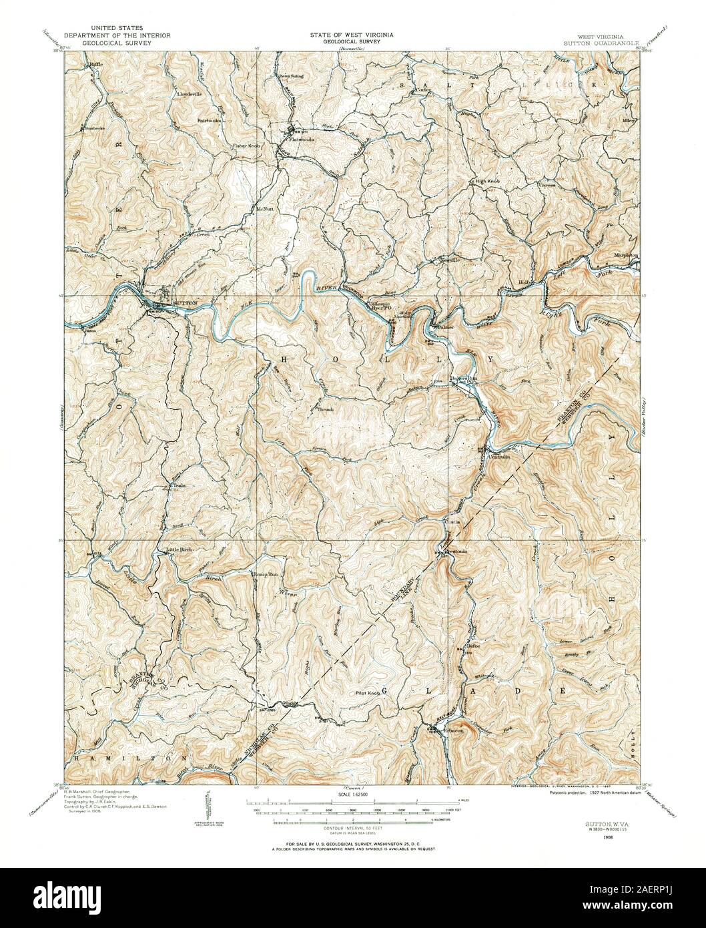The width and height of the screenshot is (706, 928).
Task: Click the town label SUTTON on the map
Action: pos(185,303)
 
